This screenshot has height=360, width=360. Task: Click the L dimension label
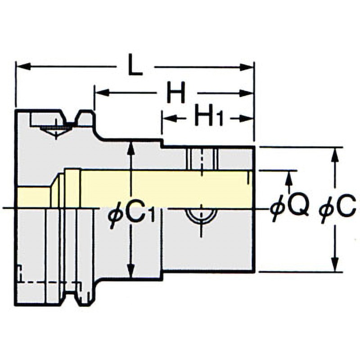click(135, 64)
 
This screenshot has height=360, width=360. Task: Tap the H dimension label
click(176, 93)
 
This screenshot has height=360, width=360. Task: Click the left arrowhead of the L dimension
click(23, 67)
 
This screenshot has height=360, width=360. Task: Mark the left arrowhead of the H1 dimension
click(168, 119)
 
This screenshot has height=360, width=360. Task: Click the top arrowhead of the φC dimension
click(335, 154)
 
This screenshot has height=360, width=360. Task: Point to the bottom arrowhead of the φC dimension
click(335, 264)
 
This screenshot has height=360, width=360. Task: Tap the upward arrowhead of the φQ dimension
click(289, 178)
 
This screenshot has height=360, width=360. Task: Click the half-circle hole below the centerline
click(201, 216)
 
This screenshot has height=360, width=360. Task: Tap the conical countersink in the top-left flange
click(56, 132)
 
